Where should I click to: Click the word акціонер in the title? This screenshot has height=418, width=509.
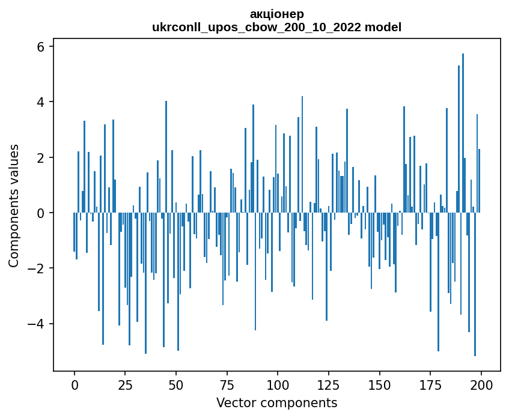click(277, 14)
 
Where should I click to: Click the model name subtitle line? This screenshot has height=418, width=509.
click(277, 27)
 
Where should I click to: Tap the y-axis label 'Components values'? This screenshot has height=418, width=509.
click(14, 205)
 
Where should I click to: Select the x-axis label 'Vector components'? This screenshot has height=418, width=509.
click(276, 402)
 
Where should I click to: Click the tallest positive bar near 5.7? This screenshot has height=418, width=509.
click(463, 132)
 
